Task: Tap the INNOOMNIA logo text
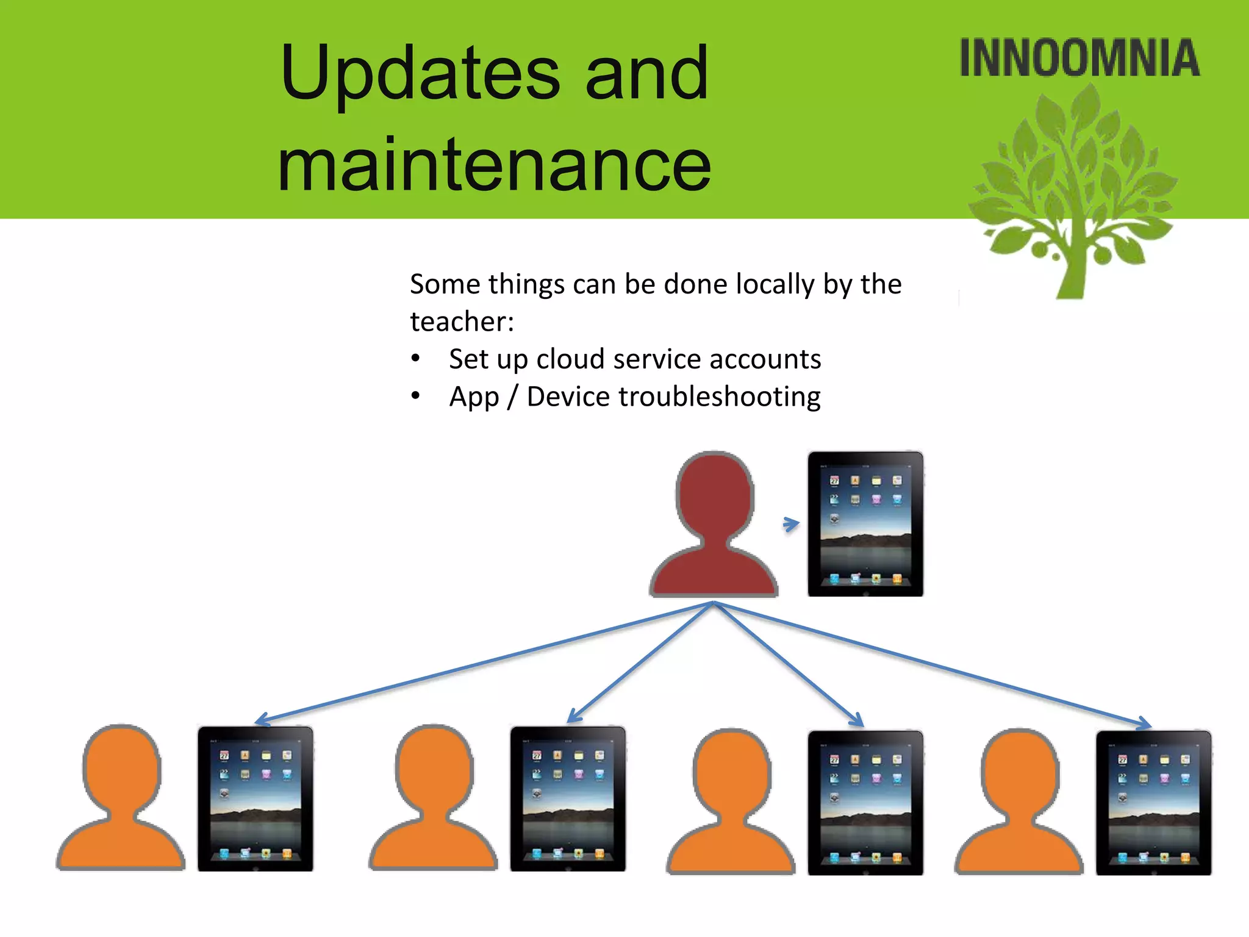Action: [x=1079, y=59]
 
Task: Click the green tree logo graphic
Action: [x=1073, y=195]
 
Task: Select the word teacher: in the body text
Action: [x=462, y=321]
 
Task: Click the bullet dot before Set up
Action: [x=415, y=358]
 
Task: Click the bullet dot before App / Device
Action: [x=415, y=396]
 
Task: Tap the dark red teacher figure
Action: [x=714, y=531]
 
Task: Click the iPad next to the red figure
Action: [x=865, y=523]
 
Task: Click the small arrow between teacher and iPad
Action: [x=791, y=524]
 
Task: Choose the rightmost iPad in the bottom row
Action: [x=1153, y=802]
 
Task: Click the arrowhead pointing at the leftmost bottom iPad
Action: [x=261, y=720]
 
